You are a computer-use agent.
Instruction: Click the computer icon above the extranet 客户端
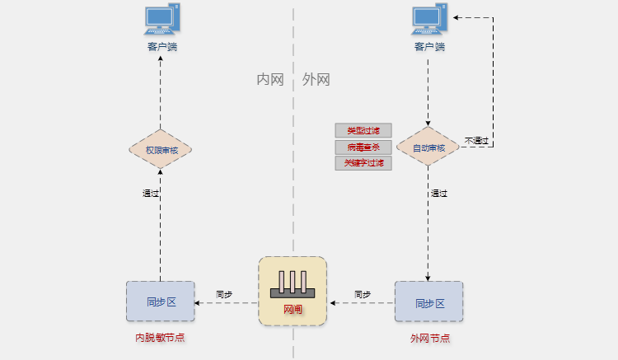[428, 20]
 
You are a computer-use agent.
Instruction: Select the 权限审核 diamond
[160, 150]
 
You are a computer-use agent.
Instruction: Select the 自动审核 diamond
[428, 148]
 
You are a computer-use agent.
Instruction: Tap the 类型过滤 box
[363, 130]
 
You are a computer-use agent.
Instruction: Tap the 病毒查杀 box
[363, 147]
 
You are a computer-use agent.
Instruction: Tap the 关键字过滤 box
[363, 163]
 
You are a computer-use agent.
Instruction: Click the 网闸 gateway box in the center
[293, 290]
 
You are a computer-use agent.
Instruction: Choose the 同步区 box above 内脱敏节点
[161, 302]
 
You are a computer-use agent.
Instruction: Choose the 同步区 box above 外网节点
[428, 302]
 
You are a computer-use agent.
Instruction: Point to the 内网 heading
[270, 80]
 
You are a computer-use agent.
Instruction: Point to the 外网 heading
[316, 80]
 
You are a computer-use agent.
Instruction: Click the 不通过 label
[476, 141]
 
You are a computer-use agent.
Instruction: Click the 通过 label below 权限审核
[150, 194]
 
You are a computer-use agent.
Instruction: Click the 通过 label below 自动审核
[439, 194]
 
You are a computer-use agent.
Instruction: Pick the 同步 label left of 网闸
[224, 294]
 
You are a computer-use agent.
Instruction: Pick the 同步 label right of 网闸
[363, 294]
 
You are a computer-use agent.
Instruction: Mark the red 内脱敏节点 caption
[160, 339]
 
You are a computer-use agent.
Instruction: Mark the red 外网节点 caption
[429, 339]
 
